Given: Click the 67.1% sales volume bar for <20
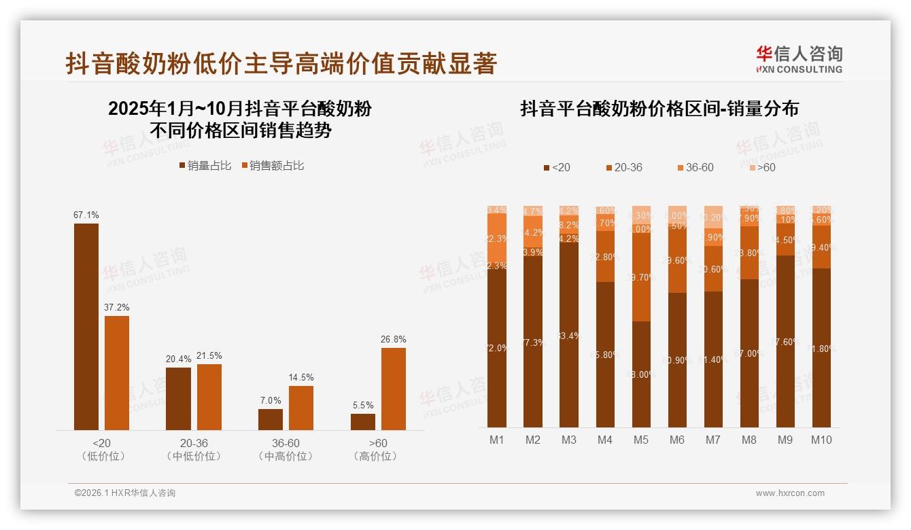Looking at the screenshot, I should [86, 326].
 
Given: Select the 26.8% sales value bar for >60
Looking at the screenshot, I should [393, 389].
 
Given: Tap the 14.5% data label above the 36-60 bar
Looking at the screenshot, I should [300, 378].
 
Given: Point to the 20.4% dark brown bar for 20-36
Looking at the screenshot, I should [178, 398].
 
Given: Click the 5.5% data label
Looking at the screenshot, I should [363, 406].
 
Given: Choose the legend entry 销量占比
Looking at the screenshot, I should [205, 166].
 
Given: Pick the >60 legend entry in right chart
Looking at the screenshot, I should [761, 167].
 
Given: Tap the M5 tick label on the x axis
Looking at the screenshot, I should [640, 440].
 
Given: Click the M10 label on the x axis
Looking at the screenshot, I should [821, 440].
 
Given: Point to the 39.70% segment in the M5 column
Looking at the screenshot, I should [641, 277].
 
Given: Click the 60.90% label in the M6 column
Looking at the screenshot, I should [677, 360].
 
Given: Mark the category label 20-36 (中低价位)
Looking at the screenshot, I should [194, 449].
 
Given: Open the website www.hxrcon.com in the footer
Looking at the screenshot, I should [789, 493].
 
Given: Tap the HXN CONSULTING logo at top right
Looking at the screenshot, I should [799, 59].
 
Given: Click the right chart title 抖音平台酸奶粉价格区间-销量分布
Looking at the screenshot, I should [659, 109].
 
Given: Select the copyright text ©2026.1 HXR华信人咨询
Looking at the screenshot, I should [124, 493].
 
